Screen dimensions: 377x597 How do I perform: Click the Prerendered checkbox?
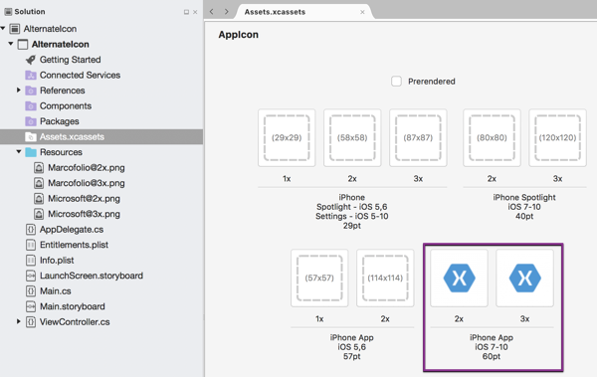tap(396, 82)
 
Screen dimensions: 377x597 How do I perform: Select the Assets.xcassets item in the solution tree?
tap(71, 137)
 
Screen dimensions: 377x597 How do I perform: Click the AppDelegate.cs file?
tap(71, 230)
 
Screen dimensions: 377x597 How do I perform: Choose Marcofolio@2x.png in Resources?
tap(86, 168)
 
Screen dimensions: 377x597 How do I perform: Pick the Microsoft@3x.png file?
tap(84, 214)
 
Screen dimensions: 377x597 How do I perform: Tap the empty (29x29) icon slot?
tap(287, 137)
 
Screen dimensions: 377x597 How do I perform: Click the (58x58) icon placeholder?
tap(352, 137)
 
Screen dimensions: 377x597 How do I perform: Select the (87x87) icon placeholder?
tap(418, 137)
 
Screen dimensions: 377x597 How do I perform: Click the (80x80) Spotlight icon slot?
tap(492, 137)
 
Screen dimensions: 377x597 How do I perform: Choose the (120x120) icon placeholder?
tap(557, 137)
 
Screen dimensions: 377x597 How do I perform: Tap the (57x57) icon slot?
tap(319, 278)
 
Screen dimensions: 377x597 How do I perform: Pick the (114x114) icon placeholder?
tap(385, 278)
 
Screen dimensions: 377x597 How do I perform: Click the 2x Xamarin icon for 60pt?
tap(459, 278)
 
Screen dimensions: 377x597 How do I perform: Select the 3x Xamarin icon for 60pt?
tap(524, 278)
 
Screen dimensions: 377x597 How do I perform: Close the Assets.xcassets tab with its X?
tap(362, 12)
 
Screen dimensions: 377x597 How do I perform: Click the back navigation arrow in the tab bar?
tap(212, 12)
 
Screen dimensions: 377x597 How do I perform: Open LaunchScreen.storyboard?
tap(91, 276)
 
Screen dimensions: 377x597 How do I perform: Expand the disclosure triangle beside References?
tap(19, 91)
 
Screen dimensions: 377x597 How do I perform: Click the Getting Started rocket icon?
tap(31, 60)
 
